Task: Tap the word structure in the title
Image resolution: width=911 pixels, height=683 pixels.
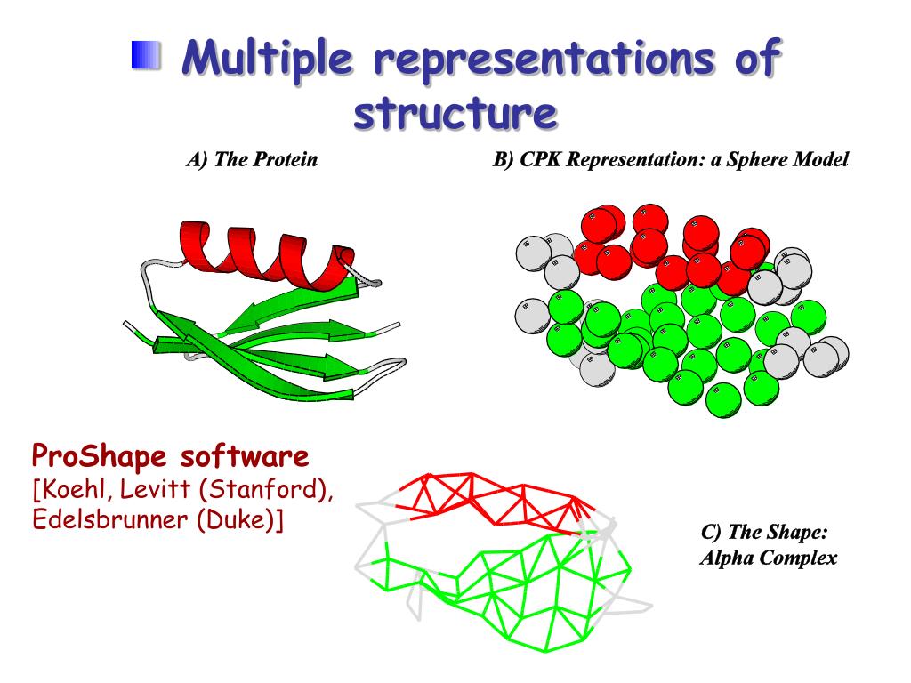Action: (455, 114)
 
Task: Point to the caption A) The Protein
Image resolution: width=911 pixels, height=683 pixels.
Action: (253, 160)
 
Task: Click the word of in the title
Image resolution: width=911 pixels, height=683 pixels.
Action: (755, 60)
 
